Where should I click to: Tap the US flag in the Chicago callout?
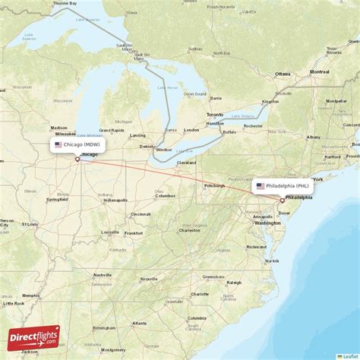[x=58, y=144]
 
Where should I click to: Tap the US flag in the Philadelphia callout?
[x=260, y=185]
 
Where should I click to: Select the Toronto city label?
[x=215, y=115]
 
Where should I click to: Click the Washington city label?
[x=267, y=223]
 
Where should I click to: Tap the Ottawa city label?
[x=283, y=74]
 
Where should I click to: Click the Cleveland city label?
[x=187, y=163]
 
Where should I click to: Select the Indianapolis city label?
[x=115, y=200]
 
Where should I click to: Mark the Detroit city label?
[x=146, y=146]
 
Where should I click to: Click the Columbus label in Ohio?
[x=166, y=196]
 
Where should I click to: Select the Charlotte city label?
[x=200, y=293]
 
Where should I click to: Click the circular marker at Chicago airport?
[x=77, y=159]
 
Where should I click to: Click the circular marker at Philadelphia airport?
[x=282, y=201]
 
